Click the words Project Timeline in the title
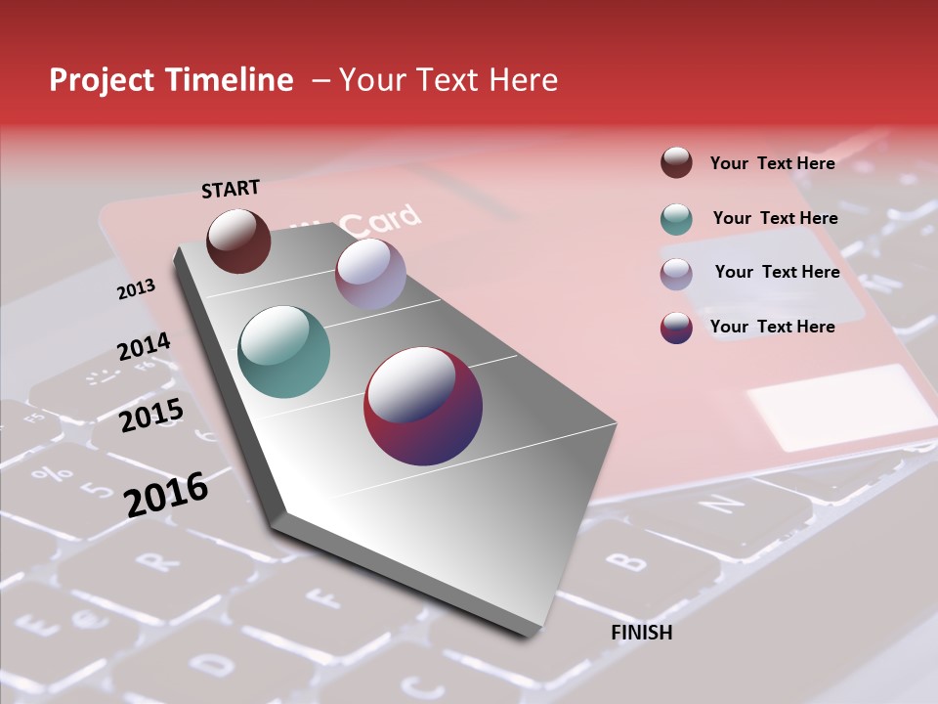pos(171,80)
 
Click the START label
pos(231,189)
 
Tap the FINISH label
pos(641,633)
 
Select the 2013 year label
pos(136,289)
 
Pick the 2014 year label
pos(144,347)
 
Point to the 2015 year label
pos(151,416)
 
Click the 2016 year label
pos(166,494)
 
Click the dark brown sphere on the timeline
pos(238,241)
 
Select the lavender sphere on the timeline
pos(370,274)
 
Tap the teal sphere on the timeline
pos(283,352)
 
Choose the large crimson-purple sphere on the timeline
pos(423,406)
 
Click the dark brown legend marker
pos(676,163)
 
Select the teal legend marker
pos(676,218)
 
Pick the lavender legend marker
pos(676,273)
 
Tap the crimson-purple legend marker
pos(676,328)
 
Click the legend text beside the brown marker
pos(772,163)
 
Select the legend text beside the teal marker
pos(775,218)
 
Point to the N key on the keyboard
pos(724,504)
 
